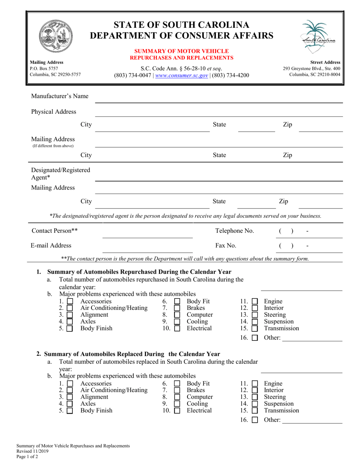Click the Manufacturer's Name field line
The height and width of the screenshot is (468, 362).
218,99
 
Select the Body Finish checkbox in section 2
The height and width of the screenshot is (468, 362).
70,411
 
